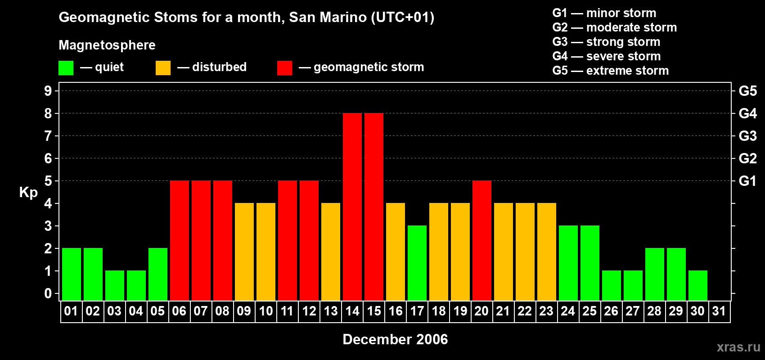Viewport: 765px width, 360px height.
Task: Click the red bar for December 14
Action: tap(352, 207)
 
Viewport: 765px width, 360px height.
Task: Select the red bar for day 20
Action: tap(482, 240)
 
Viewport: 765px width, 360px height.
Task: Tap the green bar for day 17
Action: tap(417, 263)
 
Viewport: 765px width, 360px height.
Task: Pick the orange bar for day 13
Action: tap(331, 252)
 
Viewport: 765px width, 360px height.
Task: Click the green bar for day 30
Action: tap(698, 285)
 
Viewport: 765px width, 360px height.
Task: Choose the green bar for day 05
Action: tap(158, 274)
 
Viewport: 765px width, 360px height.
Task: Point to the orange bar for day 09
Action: tap(244, 252)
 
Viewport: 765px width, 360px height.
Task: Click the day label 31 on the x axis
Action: tap(719, 311)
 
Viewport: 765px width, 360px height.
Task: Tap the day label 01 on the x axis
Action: tap(71, 311)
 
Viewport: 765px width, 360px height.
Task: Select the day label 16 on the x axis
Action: tap(396, 311)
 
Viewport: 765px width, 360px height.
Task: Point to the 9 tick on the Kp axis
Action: tap(48, 91)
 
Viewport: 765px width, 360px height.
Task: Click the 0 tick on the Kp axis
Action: tap(48, 294)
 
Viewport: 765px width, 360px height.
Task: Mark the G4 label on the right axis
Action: tap(747, 113)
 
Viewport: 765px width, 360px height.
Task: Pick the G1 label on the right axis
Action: tap(747, 181)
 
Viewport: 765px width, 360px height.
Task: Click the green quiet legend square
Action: tap(66, 68)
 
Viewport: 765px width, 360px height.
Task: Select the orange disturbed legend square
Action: tap(163, 68)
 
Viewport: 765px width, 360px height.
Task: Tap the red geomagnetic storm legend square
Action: tap(284, 68)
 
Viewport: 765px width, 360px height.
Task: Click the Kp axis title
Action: tap(28, 193)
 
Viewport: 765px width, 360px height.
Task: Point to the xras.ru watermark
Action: tap(738, 347)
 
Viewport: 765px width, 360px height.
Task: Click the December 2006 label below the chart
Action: tap(395, 339)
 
